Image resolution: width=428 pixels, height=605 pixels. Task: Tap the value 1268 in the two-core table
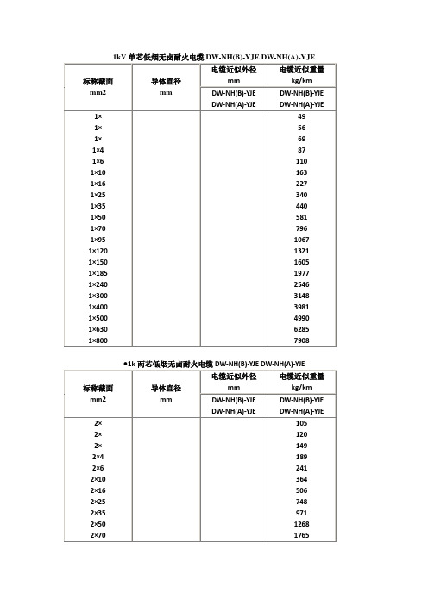tap(302, 524)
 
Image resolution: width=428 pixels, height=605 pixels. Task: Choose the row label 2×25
tap(98, 500)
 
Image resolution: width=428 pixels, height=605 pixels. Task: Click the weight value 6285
tap(302, 331)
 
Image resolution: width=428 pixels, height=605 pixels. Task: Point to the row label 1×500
tap(98, 318)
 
